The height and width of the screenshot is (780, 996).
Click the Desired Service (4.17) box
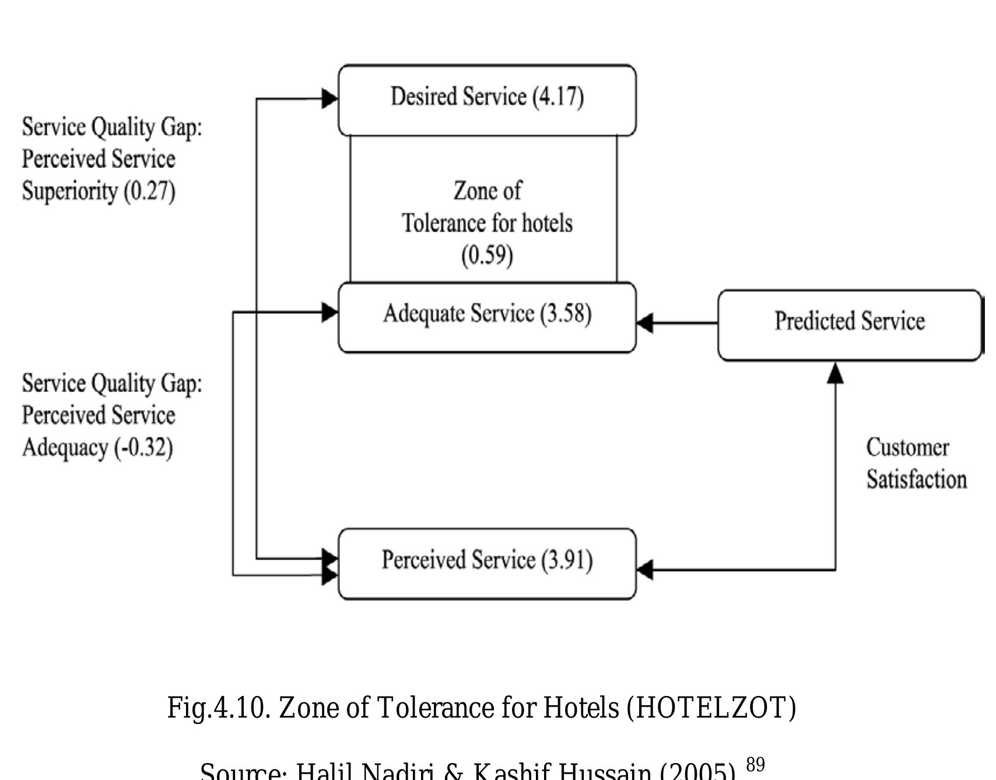[487, 100]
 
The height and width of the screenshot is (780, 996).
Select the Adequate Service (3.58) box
[487, 317]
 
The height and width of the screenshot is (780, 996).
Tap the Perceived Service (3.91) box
[487, 564]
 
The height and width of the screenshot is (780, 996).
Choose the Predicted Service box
[849, 324]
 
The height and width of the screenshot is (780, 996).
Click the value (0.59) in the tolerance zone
[487, 256]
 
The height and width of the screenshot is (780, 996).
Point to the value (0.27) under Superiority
[149, 191]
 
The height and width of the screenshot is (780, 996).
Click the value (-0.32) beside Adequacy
[144, 448]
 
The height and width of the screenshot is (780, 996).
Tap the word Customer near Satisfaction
[907, 448]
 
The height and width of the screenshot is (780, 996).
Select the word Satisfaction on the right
[916, 480]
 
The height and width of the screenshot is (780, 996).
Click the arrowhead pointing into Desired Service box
[329, 99]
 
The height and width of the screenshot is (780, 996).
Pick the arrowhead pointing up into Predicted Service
[835, 373]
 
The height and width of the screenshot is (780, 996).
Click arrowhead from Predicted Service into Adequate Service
[645, 323]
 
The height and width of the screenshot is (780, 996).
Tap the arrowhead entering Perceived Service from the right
[645, 569]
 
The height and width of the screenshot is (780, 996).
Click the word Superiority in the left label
[70, 191]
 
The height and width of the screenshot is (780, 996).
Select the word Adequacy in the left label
[65, 448]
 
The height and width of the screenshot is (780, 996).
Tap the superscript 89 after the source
[755, 764]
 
